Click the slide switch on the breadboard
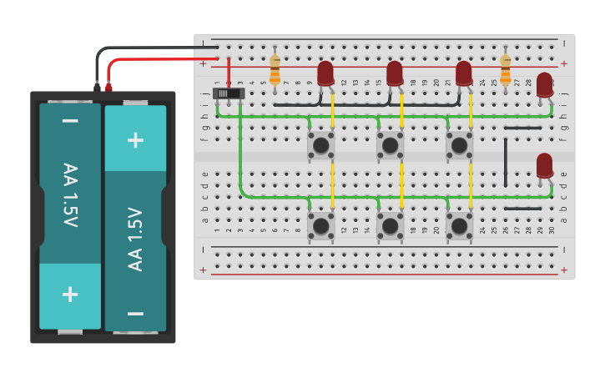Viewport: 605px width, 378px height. click(x=229, y=93)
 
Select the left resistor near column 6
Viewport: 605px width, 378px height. click(x=275, y=71)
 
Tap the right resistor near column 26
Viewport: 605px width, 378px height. click(x=505, y=71)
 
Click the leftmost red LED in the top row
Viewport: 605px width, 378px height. click(x=325, y=73)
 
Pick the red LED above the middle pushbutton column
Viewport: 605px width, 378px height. click(x=395, y=73)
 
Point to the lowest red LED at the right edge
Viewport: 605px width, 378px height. click(x=544, y=165)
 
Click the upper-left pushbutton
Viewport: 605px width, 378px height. click(x=320, y=144)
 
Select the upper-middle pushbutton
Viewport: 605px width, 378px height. click(x=390, y=144)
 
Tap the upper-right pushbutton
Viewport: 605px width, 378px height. click(x=459, y=144)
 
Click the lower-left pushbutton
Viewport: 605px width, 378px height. click(x=320, y=225)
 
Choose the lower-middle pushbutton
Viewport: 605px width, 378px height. click(x=390, y=225)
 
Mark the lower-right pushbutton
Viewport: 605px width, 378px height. click(x=459, y=225)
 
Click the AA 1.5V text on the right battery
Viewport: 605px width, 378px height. click(x=135, y=239)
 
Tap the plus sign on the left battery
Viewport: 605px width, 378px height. click(x=70, y=294)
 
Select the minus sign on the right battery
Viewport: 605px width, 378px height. click(x=135, y=314)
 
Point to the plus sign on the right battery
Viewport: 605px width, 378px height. click(x=135, y=139)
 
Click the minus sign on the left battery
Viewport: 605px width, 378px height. click(x=70, y=122)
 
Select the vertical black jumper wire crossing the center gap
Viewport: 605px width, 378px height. click(x=505, y=162)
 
